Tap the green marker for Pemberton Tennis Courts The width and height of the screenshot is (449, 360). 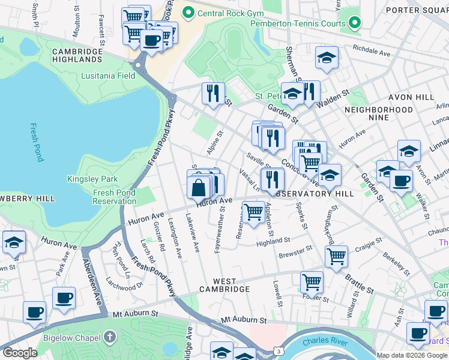tap(355, 23)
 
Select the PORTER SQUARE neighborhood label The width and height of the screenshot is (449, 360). tap(417, 10)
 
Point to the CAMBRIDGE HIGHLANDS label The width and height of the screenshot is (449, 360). tap(77, 55)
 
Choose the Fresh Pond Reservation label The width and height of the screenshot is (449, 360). tap(114, 197)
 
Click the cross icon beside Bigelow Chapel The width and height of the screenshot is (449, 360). tap(109, 337)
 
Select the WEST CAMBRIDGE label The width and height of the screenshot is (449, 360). tap(223, 285)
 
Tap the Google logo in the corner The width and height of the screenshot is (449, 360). tap(20, 352)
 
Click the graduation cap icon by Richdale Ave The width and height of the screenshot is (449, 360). tap(327, 58)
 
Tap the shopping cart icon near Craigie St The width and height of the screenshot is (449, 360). tap(336, 256)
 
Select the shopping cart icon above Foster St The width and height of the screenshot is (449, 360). tap(312, 281)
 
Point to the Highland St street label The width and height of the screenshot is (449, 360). tap(273, 241)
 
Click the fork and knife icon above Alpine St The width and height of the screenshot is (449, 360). tap(213, 94)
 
